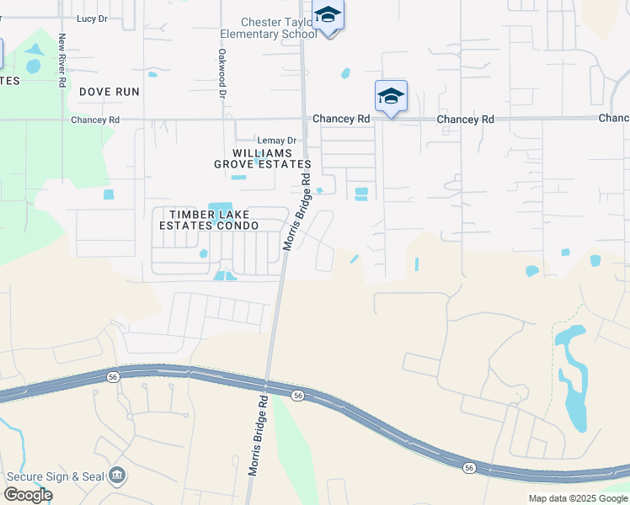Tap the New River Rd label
pos(61,60)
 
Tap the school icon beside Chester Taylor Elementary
pos(327,16)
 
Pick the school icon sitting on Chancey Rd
pos(391,97)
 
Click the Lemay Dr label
pos(277,141)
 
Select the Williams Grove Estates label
pos(262,158)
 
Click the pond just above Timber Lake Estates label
pos(221,207)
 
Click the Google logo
pos(28,495)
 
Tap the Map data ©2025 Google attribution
pos(578,498)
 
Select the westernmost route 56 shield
pos(114,376)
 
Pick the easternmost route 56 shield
pos(469,467)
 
